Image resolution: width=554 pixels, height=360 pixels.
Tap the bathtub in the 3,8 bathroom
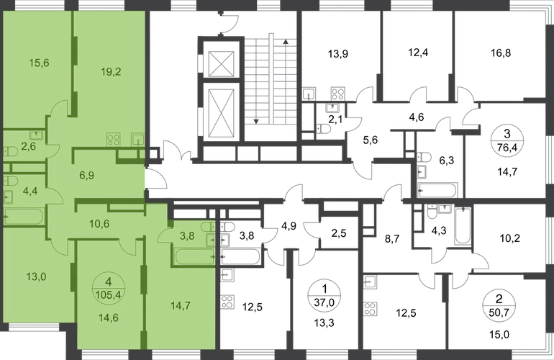tap(190, 256)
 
